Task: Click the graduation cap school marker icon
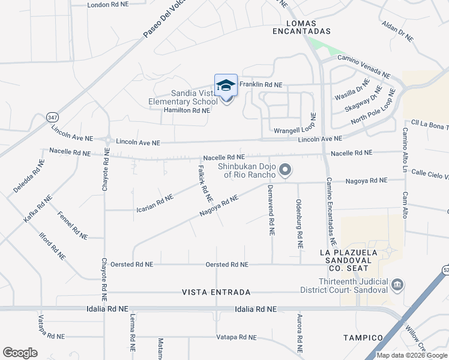pos(226,86)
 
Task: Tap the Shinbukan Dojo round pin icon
pos(286,171)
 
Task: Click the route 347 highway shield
pos(53,118)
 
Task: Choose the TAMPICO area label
pos(363,338)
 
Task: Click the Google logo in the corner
pos(20,352)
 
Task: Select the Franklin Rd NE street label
pos(261,85)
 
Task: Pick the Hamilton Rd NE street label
pos(187,110)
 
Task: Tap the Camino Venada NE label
pos(364,66)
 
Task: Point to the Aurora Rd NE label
pos(298,332)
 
